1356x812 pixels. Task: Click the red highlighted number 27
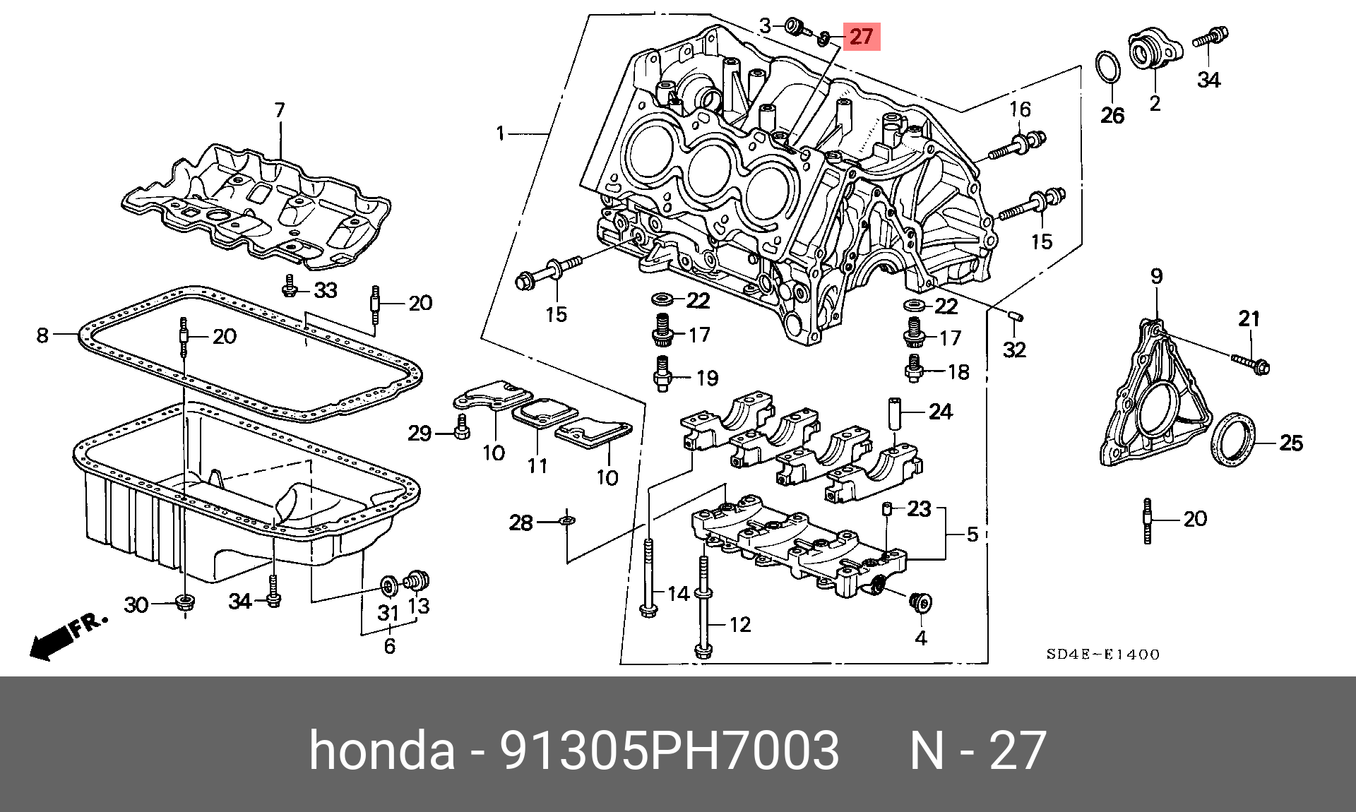point(861,36)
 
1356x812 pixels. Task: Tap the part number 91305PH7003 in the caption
point(670,751)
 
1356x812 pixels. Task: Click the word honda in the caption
point(381,751)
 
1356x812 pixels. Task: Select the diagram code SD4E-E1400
point(1103,655)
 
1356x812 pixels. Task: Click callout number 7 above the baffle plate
point(280,110)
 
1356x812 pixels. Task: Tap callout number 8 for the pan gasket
point(42,335)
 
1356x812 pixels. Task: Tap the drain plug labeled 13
point(417,582)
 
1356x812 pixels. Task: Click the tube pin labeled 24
point(896,414)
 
